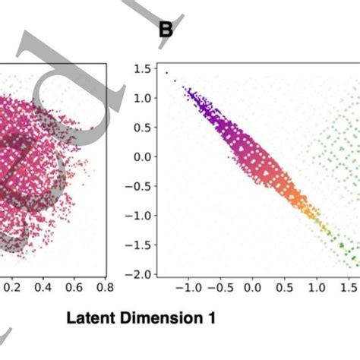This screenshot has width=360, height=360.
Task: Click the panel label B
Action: [166, 30]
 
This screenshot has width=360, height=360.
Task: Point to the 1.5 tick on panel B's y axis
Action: [142, 69]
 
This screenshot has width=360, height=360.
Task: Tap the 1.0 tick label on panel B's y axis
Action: [142, 98]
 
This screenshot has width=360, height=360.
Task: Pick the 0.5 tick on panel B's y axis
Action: [142, 128]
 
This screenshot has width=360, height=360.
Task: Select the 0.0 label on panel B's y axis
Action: [142, 156]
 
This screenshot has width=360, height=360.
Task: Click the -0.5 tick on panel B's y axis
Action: [139, 186]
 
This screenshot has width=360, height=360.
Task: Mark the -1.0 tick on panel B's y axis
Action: [139, 215]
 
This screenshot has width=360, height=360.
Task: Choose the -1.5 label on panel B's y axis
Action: [139, 245]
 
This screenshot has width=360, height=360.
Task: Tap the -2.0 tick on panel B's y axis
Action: [139, 273]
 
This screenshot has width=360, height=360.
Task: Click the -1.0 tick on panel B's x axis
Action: [187, 289]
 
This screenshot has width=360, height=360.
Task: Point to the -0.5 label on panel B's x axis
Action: [219, 289]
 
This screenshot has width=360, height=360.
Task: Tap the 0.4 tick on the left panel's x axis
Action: [43, 289]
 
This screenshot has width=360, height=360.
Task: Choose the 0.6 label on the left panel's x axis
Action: [74, 289]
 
